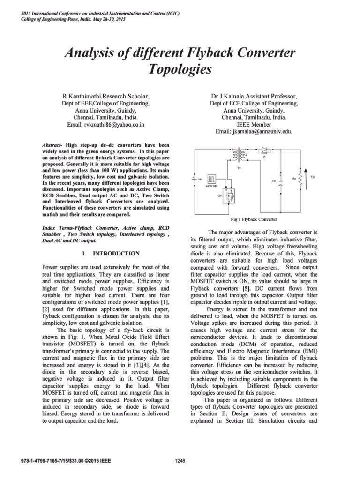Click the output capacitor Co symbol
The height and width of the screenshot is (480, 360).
[280, 179]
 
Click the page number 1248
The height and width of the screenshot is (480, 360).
[180, 461]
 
